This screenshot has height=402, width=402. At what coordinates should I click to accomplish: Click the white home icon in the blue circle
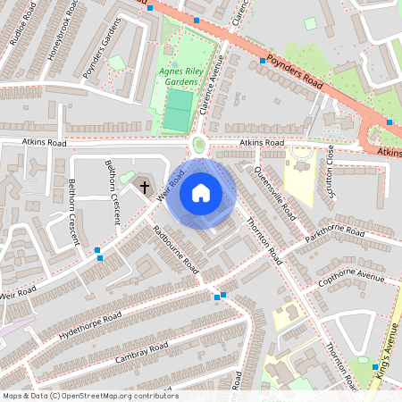coord(201,193)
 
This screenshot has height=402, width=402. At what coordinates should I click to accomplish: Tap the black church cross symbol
coord(145,188)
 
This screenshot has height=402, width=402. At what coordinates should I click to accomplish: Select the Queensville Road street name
coord(275,192)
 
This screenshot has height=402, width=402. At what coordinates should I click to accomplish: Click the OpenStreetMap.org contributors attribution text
coord(89,396)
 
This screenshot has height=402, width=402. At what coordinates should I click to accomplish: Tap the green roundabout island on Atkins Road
coord(198,145)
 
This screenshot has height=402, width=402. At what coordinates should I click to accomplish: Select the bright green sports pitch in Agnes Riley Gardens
coord(179,112)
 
